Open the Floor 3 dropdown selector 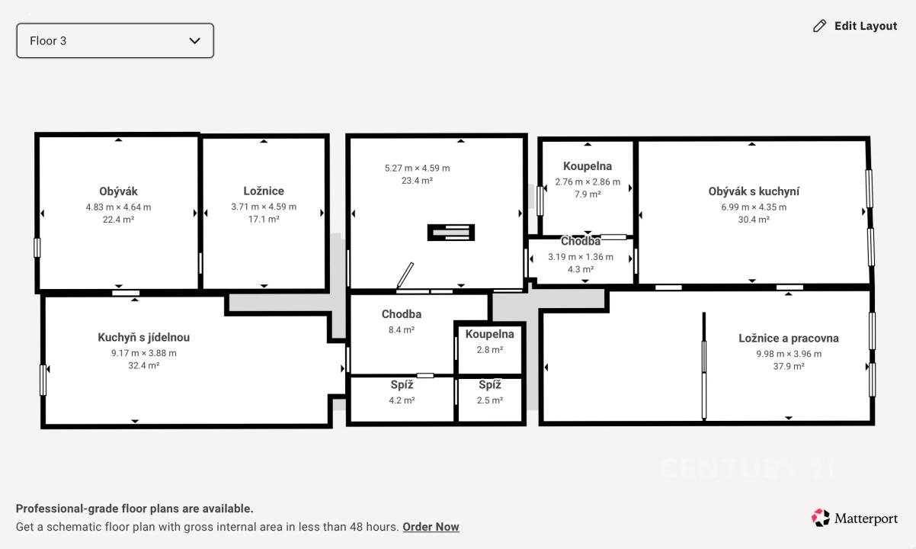point(115,40)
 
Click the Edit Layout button point(855,26)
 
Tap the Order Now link point(431,526)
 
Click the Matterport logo point(855,518)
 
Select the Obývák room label point(118,191)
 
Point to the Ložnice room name point(264,191)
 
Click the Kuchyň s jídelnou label point(143,337)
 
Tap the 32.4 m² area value point(143,365)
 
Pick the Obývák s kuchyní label point(754,191)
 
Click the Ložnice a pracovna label point(789,338)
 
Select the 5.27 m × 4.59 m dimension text point(417,169)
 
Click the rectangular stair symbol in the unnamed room point(451,233)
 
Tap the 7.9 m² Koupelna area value point(588,194)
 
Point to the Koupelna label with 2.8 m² point(489,334)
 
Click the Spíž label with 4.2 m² point(402,384)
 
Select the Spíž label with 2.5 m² point(489,384)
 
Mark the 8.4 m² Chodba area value point(402,329)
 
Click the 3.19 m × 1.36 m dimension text point(581,257)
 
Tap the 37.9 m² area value point(789,366)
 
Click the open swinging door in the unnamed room point(405,275)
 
